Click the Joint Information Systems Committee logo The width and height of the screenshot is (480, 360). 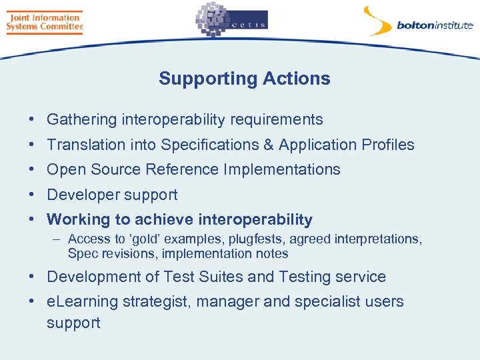[44, 22]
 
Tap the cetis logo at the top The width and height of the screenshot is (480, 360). [231, 21]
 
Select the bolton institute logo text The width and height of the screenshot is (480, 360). [435, 26]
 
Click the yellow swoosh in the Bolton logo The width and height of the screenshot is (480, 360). [377, 21]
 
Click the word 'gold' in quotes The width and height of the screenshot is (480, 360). [145, 239]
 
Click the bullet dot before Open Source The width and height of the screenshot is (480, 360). [32, 169]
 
